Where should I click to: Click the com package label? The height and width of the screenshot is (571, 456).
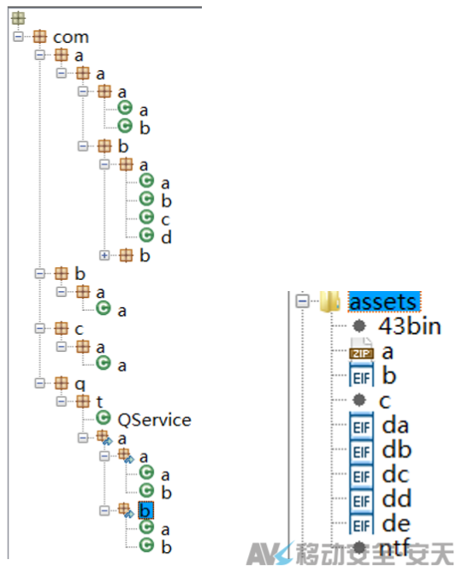click(71, 37)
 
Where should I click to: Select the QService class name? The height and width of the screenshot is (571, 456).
click(154, 420)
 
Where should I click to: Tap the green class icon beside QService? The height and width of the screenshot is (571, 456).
click(104, 418)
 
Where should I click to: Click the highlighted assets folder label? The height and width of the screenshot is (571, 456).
click(384, 302)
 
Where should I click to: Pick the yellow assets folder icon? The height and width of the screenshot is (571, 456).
click(329, 301)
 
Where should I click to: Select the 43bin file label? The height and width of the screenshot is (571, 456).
click(410, 326)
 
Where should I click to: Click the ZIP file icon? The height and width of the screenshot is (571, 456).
click(361, 349)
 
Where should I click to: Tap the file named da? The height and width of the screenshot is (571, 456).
click(395, 425)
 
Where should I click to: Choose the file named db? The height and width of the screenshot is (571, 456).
click(396, 449)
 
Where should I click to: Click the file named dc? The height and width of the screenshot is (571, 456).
click(395, 474)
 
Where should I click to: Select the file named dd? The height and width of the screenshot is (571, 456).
click(396, 499)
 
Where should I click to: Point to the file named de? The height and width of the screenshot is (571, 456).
click(396, 524)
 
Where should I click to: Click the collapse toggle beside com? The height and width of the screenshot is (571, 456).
click(18, 37)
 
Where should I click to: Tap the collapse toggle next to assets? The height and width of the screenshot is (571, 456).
click(302, 301)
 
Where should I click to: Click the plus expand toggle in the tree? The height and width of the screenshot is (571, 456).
click(104, 255)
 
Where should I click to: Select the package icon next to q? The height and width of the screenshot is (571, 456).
click(61, 384)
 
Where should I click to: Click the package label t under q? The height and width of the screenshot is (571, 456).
click(99, 401)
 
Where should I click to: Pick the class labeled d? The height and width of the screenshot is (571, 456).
click(166, 237)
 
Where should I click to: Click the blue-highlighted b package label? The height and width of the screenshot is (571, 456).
click(145, 510)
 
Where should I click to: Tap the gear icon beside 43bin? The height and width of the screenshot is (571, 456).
click(359, 325)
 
